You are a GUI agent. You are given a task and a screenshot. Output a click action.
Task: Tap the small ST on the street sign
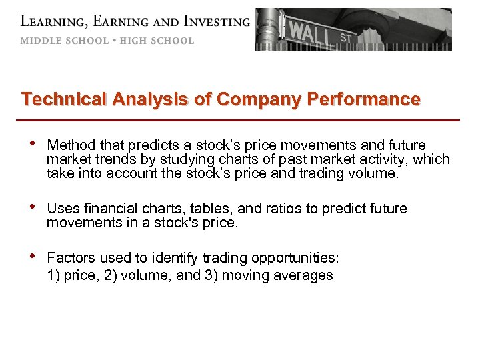[x=345, y=38]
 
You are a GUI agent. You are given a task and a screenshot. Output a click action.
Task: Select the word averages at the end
[x=306, y=275]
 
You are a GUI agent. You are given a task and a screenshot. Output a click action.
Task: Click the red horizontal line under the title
[x=240, y=120]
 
